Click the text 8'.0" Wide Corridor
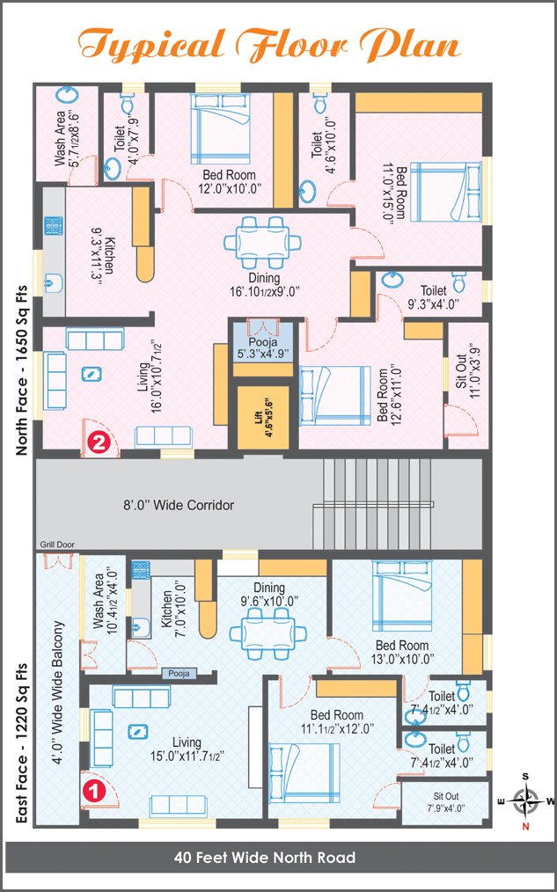(179, 505)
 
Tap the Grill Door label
(56, 545)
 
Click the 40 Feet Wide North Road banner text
(265, 857)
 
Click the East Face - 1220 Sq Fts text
(22, 744)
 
